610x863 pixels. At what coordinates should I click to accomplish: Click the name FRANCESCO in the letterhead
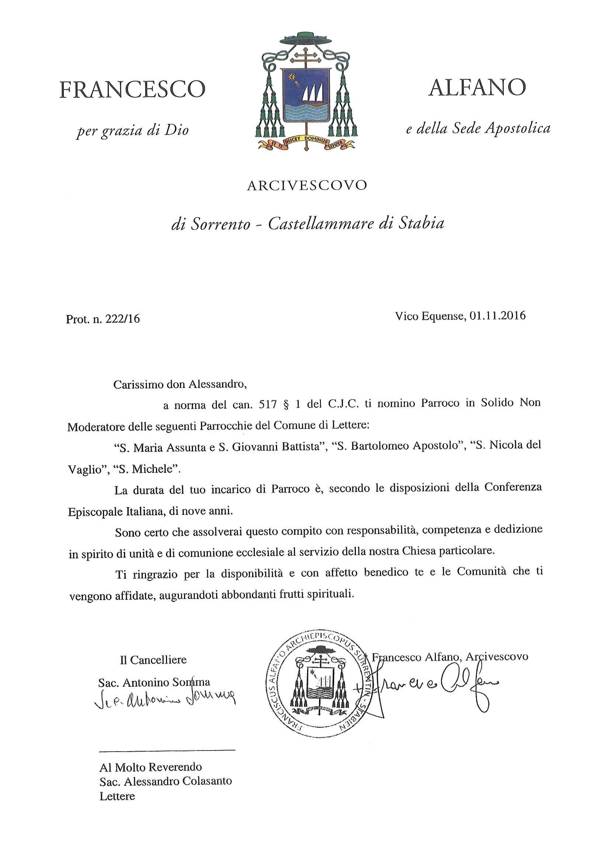[132, 90]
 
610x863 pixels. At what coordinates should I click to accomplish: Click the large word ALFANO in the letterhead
[476, 87]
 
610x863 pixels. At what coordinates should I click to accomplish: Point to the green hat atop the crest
[306, 38]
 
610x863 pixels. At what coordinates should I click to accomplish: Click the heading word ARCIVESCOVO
[306, 186]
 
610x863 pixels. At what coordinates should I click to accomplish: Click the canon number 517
[268, 404]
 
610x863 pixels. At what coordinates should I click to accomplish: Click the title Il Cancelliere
[153, 660]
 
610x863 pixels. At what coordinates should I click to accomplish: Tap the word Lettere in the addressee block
[117, 796]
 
